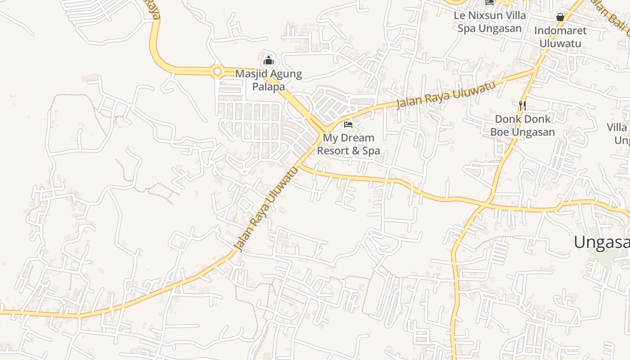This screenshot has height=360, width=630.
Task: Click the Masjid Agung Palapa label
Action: (269, 80)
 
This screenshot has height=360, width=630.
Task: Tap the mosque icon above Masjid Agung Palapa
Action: (269, 60)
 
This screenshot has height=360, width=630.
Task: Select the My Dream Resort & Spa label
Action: (349, 144)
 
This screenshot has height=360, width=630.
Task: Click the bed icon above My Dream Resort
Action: (348, 124)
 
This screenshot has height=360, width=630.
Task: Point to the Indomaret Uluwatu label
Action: (560, 37)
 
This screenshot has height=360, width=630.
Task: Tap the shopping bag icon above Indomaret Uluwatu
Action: (560, 17)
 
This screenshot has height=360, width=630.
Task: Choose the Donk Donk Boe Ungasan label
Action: (522, 126)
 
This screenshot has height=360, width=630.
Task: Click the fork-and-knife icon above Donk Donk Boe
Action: (522, 106)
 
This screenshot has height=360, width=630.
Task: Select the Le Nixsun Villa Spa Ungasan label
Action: (490, 22)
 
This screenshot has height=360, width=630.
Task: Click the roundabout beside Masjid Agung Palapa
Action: (218, 71)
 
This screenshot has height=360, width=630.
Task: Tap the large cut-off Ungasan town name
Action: (601, 242)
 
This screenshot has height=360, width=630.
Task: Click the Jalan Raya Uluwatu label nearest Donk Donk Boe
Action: (445, 95)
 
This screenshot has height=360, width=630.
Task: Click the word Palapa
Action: (269, 86)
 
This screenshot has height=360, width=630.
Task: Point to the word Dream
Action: (356, 138)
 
